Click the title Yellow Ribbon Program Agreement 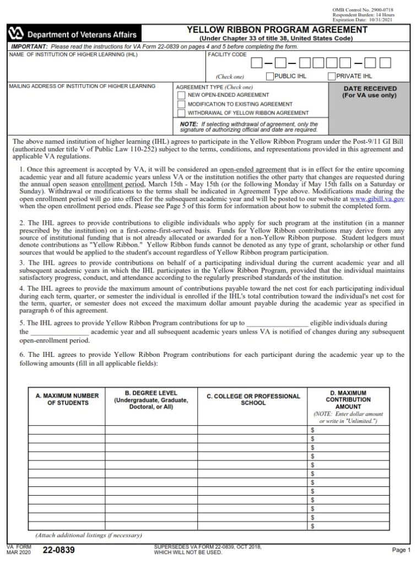click(x=277, y=30)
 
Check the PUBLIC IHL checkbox click(x=270, y=76)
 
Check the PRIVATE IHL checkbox click(x=332, y=76)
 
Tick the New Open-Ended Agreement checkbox click(x=181, y=95)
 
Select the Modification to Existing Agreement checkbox click(x=181, y=104)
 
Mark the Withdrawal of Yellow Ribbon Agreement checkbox click(x=181, y=112)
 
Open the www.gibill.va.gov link click(x=377, y=198)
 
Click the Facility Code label click(x=227, y=55)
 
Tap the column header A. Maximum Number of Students click(x=67, y=399)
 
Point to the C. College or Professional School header click(x=253, y=399)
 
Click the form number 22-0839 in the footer click(x=58, y=550)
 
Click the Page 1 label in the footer click(x=401, y=550)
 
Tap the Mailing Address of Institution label click(x=82, y=86)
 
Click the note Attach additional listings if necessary click(x=88, y=535)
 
